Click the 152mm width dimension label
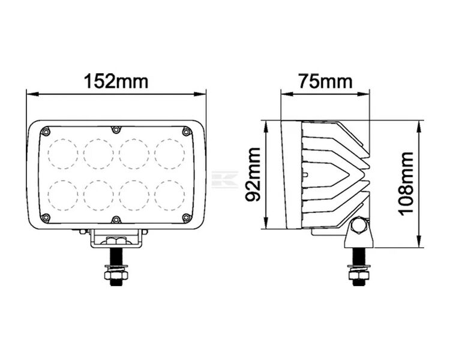pyautogui.click(x=116, y=81)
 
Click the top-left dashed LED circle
pyautogui.click(x=62, y=153)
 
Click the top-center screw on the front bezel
pyautogui.click(x=116, y=130)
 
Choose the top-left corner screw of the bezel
pyautogui.click(x=46, y=131)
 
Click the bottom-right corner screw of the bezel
pyautogui.click(x=187, y=217)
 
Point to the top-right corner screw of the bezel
pyautogui.click(x=187, y=131)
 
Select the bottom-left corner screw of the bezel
pyautogui.click(x=46, y=217)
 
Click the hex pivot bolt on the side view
pyautogui.click(x=358, y=226)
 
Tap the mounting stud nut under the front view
pyautogui.click(x=116, y=274)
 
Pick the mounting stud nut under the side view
pyautogui.click(x=358, y=274)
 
